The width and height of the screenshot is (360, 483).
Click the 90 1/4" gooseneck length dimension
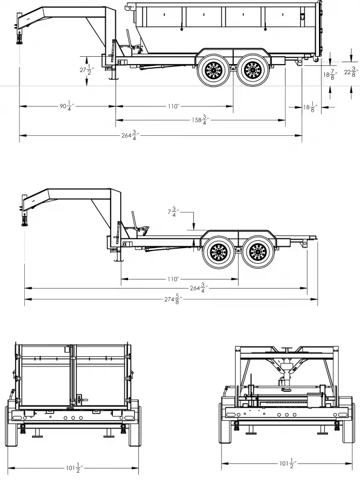[x=65, y=106]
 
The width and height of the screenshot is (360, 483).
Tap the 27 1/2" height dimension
[x=85, y=71]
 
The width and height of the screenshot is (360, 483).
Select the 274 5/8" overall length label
[x=176, y=299]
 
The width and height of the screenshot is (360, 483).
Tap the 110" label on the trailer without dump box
[x=173, y=280]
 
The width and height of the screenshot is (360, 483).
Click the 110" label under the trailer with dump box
[x=173, y=106]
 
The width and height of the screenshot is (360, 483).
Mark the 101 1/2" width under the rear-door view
[x=72, y=468]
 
